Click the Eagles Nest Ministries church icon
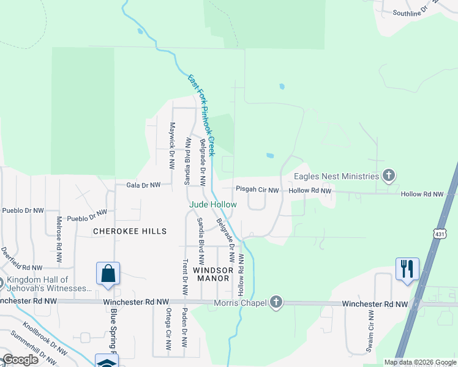tap(388, 176)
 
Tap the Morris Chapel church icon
tap(276, 302)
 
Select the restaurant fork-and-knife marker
tap(407, 269)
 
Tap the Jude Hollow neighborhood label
tap(212, 204)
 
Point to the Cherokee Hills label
tap(130, 231)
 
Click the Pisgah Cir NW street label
tap(258, 191)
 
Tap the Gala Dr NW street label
tap(143, 185)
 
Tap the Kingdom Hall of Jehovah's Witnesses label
tap(49, 284)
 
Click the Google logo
tap(20, 360)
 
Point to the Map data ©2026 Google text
tap(420, 362)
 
